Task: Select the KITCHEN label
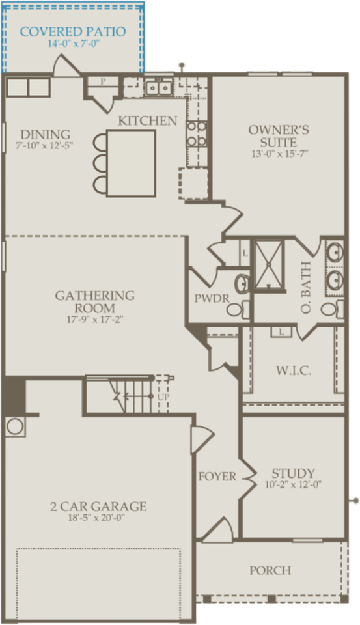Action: point(147,120)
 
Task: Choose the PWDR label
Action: point(209,299)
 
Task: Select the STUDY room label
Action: point(294,473)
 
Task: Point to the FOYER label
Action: point(217,477)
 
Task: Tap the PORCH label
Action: point(270,570)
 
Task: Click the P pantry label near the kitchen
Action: point(103,81)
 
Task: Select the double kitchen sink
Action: point(158,86)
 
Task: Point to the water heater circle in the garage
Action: point(14,428)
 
